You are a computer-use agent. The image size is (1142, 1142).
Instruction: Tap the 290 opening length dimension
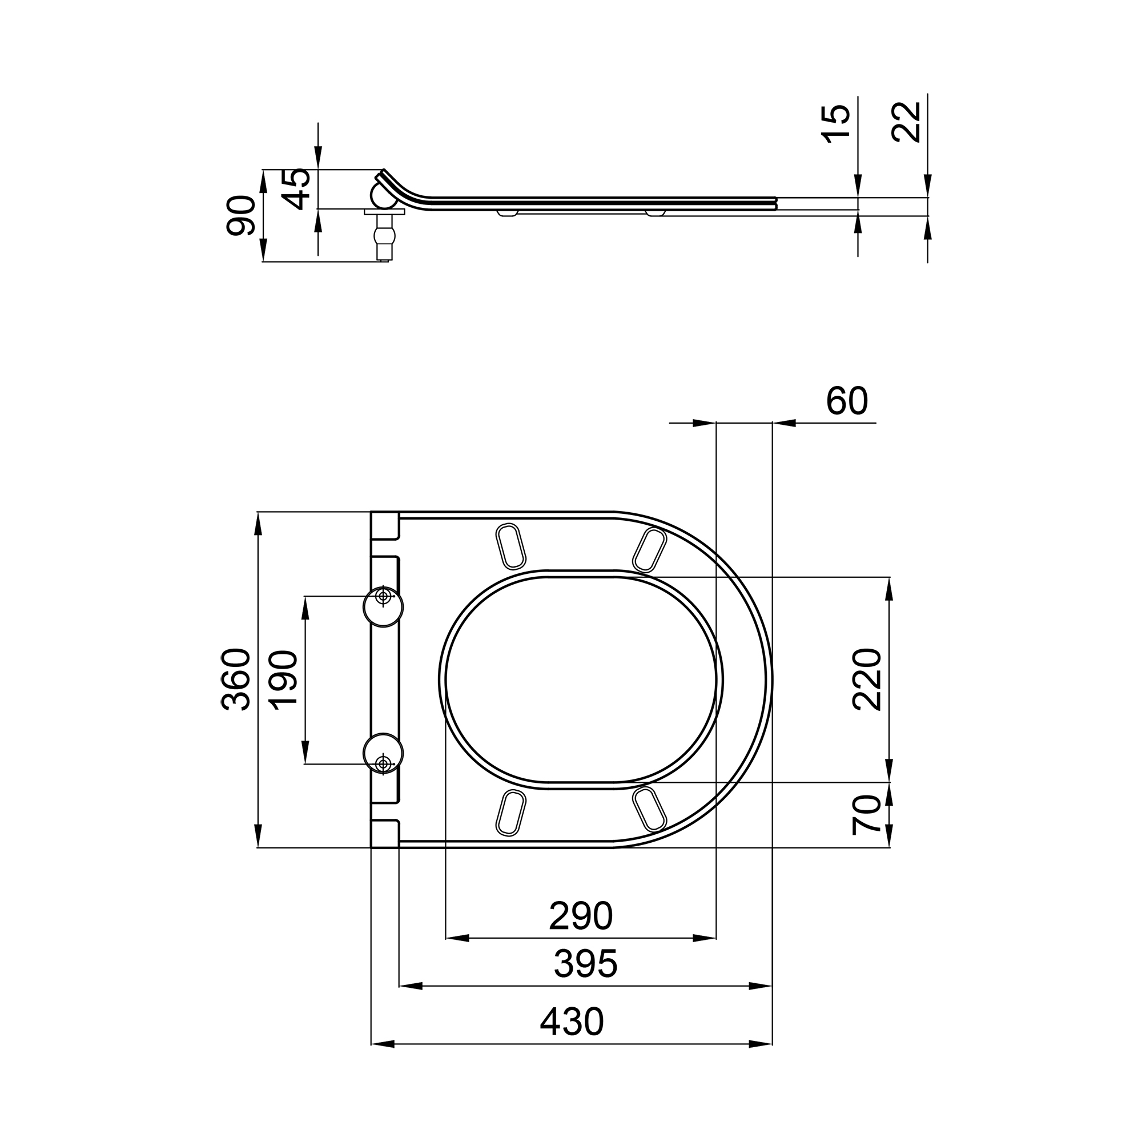[581, 916]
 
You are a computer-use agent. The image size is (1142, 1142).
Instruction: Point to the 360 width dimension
[236, 679]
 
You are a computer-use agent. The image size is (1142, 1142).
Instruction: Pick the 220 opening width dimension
[867, 679]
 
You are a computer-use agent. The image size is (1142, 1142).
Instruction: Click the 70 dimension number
[867, 815]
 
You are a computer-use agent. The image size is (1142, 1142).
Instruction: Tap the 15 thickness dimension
[836, 123]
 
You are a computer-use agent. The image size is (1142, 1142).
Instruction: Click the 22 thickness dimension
[906, 122]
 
